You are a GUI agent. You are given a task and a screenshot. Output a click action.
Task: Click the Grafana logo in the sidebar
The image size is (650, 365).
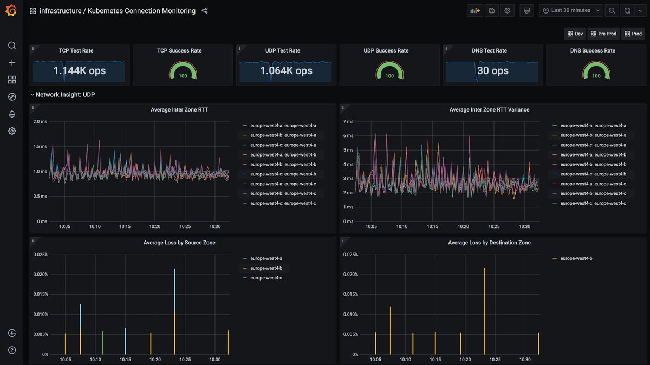coord(11,11)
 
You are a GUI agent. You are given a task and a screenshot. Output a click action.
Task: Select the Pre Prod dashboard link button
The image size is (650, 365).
coord(603,34)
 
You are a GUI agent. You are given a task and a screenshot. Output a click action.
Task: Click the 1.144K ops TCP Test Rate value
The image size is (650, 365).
coord(79,71)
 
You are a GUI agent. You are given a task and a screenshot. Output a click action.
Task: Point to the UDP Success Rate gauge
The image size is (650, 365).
coord(389,70)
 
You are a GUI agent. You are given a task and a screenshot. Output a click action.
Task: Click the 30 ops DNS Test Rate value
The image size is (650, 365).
coord(492,71)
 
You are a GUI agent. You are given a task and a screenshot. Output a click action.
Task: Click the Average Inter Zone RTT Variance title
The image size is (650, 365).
coord(489,109)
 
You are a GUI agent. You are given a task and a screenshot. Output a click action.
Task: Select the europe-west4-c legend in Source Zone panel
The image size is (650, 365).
coord(266,278)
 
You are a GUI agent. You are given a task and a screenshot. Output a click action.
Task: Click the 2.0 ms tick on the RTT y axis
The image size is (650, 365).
coord(40,122)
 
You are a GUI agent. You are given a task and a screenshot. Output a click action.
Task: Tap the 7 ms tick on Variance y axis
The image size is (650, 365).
coord(349,122)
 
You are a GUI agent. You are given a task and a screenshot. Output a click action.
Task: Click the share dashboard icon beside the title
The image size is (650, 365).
coord(204,11)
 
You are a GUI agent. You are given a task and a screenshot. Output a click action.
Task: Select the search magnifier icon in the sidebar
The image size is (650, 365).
coord(12,45)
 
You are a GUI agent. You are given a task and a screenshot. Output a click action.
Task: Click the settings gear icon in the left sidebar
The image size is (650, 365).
coord(12,131)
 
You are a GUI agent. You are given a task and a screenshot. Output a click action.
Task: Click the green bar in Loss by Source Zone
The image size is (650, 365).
coord(103,343)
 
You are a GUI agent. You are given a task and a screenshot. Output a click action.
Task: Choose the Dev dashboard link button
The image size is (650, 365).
coord(575,34)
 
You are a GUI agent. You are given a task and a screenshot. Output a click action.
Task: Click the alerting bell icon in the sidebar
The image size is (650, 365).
coord(12,114)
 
